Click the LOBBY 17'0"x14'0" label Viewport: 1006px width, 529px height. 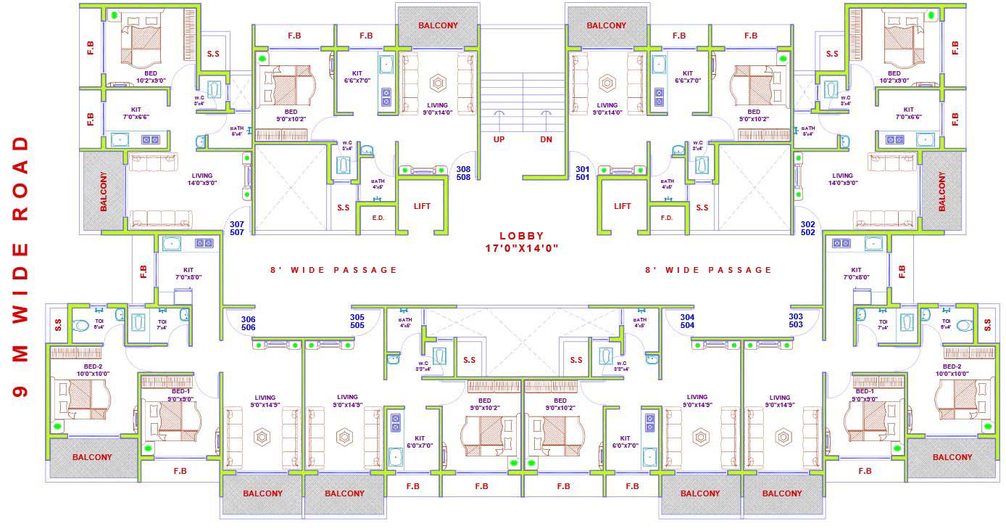coord(521,242)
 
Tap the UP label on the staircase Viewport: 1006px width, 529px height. coord(499,139)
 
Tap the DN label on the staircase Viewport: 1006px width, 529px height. coord(546,139)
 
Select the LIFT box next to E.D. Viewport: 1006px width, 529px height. coord(422,206)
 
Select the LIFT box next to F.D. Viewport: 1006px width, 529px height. coord(622,206)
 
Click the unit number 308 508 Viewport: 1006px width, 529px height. coord(463,173)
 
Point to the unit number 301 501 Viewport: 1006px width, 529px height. coord(583,173)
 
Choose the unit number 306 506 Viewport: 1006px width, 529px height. coord(249,323)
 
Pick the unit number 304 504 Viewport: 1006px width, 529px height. coord(687,321)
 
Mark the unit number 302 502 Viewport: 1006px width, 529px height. coord(808,229)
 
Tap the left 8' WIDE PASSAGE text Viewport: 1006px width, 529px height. coord(333,270)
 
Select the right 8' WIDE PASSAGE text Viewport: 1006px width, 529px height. coord(708,270)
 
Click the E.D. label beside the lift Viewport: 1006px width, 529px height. coord(378,217)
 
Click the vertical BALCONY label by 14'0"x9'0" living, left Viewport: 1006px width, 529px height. coord(103,192)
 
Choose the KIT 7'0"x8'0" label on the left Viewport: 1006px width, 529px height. coord(188,273)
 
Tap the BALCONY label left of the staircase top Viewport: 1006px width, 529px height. coord(438,25)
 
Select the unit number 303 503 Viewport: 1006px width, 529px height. coord(796,321)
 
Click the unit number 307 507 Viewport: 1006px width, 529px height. coord(236,229)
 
